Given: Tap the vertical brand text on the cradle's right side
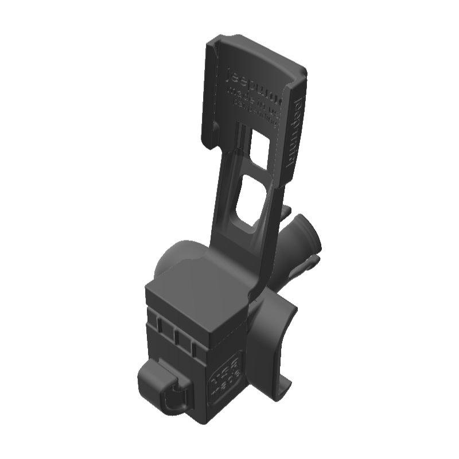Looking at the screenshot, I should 296,131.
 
